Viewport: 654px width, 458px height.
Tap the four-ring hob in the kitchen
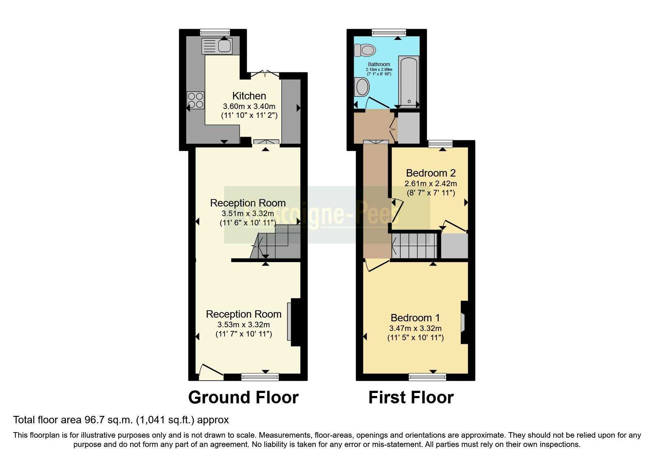pos(196,100)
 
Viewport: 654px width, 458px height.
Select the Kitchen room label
pos(249,96)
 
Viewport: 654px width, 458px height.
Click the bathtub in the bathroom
pos(408,81)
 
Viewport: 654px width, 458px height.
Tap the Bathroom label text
pos(379,64)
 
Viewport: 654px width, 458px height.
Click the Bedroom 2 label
pos(431,173)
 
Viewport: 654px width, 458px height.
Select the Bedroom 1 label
pos(415,318)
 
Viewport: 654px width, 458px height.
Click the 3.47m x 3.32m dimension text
pos(415,328)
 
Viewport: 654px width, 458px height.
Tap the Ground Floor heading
pos(243,398)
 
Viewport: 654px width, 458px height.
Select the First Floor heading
pos(411,398)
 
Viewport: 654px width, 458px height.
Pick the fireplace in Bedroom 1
pos(463,322)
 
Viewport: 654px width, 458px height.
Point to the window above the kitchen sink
pos(215,32)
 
